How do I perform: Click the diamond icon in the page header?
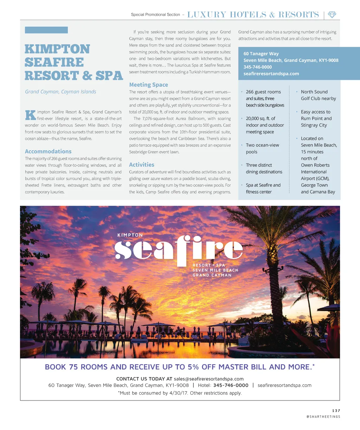pyautogui.click(x=332, y=14)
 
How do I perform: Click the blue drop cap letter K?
pyautogui.click(x=30, y=115)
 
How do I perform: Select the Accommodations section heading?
pyautogui.click(x=48, y=151)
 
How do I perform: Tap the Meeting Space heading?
pyautogui.click(x=148, y=85)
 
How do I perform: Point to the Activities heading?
pyautogui.click(x=142, y=165)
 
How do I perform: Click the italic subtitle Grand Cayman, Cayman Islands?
pyautogui.click(x=60, y=92)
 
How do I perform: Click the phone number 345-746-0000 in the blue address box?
pyautogui.click(x=257, y=67)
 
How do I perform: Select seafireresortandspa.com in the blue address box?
pyautogui.click(x=271, y=73)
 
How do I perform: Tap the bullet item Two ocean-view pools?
pyautogui.click(x=262, y=148)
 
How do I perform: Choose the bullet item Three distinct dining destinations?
pyautogui.click(x=264, y=168)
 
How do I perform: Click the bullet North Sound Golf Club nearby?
pyautogui.click(x=318, y=95)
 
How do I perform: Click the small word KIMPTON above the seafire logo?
pyautogui.click(x=130, y=235)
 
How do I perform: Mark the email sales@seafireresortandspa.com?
pyautogui.click(x=208, y=379)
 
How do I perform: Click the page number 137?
pyautogui.click(x=336, y=410)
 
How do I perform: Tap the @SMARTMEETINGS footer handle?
pyautogui.click(x=323, y=417)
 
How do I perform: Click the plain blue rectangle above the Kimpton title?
pyautogui.click(x=46, y=30)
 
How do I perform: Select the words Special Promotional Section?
pyautogui.click(x=155, y=14)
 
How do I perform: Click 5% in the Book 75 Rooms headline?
pyautogui.click(x=193, y=367)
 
